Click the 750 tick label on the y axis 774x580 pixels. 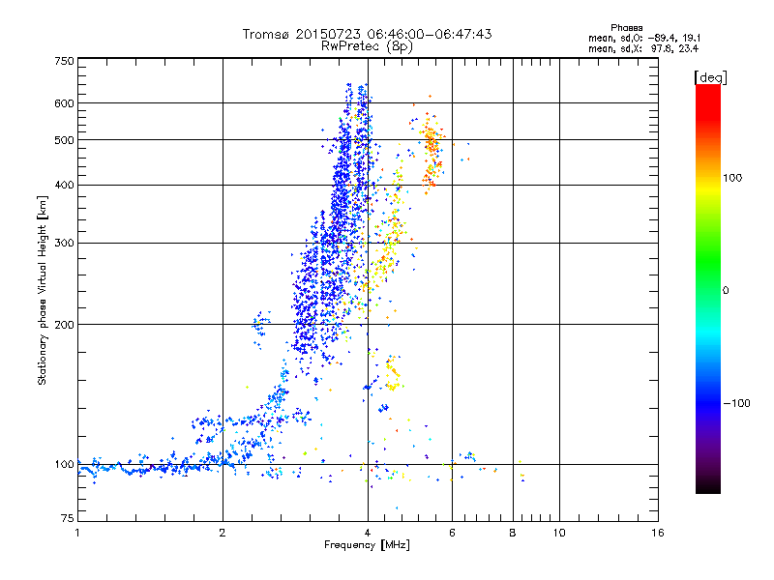[x=64, y=61]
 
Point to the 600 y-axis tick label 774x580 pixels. [x=64, y=102]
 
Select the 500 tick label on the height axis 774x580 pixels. [x=64, y=139]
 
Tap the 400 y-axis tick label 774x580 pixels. [x=64, y=185]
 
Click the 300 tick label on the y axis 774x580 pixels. [x=64, y=243]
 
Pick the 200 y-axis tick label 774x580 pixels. [x=64, y=324]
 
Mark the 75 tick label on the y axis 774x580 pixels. [x=67, y=520]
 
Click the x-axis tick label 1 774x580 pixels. [x=77, y=533]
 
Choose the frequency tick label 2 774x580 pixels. [x=223, y=533]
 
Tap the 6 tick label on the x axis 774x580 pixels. [x=452, y=533]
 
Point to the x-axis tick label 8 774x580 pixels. [x=513, y=533]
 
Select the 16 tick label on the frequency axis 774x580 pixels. [x=657, y=533]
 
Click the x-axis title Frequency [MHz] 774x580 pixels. [x=368, y=545]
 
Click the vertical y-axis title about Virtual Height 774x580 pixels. [x=43, y=290]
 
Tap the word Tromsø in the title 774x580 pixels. [x=269, y=34]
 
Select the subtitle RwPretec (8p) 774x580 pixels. [x=368, y=45]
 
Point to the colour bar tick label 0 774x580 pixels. [x=725, y=290]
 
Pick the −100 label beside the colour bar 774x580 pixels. [x=736, y=402]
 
